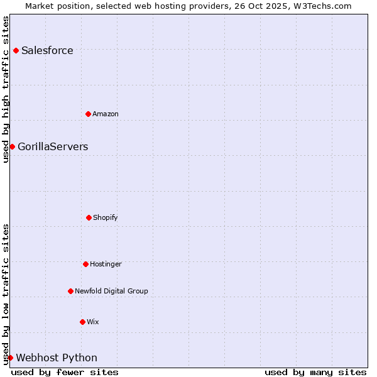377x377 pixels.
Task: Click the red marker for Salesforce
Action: click(16, 50)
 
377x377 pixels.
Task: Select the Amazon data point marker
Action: click(89, 114)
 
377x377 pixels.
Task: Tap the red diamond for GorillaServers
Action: click(12, 146)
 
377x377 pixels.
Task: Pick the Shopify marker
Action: click(89, 217)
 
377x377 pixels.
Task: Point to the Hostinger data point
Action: click(85, 264)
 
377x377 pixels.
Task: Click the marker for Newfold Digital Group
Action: click(70, 291)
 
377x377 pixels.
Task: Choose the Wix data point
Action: click(82, 322)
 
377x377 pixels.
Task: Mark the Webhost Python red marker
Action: click(10, 358)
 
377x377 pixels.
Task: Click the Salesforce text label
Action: click(47, 51)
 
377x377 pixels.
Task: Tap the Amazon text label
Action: click(106, 114)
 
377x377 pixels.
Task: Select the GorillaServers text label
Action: click(53, 147)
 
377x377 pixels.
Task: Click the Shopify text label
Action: click(106, 217)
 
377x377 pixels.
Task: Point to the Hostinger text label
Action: click(106, 264)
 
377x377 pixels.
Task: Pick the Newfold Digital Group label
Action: click(111, 291)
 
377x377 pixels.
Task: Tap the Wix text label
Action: click(93, 322)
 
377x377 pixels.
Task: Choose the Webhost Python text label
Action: click(57, 358)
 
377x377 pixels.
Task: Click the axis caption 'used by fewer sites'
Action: click(65, 372)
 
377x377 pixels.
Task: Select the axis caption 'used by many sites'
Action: click(315, 372)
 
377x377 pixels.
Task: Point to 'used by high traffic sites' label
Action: click(6, 89)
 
